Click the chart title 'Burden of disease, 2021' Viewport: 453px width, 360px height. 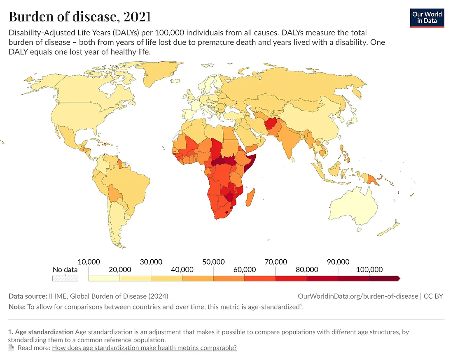point(79,17)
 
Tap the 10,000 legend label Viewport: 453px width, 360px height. point(89,262)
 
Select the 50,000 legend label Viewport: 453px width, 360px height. point(213,262)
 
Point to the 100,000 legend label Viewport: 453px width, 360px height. point(369,269)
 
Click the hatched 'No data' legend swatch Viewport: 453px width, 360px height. point(65,278)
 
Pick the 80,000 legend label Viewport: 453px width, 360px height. point(307,269)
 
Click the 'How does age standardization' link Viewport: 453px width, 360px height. point(144,348)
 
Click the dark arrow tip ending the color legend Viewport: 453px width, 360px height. point(397,278)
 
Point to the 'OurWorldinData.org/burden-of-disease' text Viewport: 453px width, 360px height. point(357,296)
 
